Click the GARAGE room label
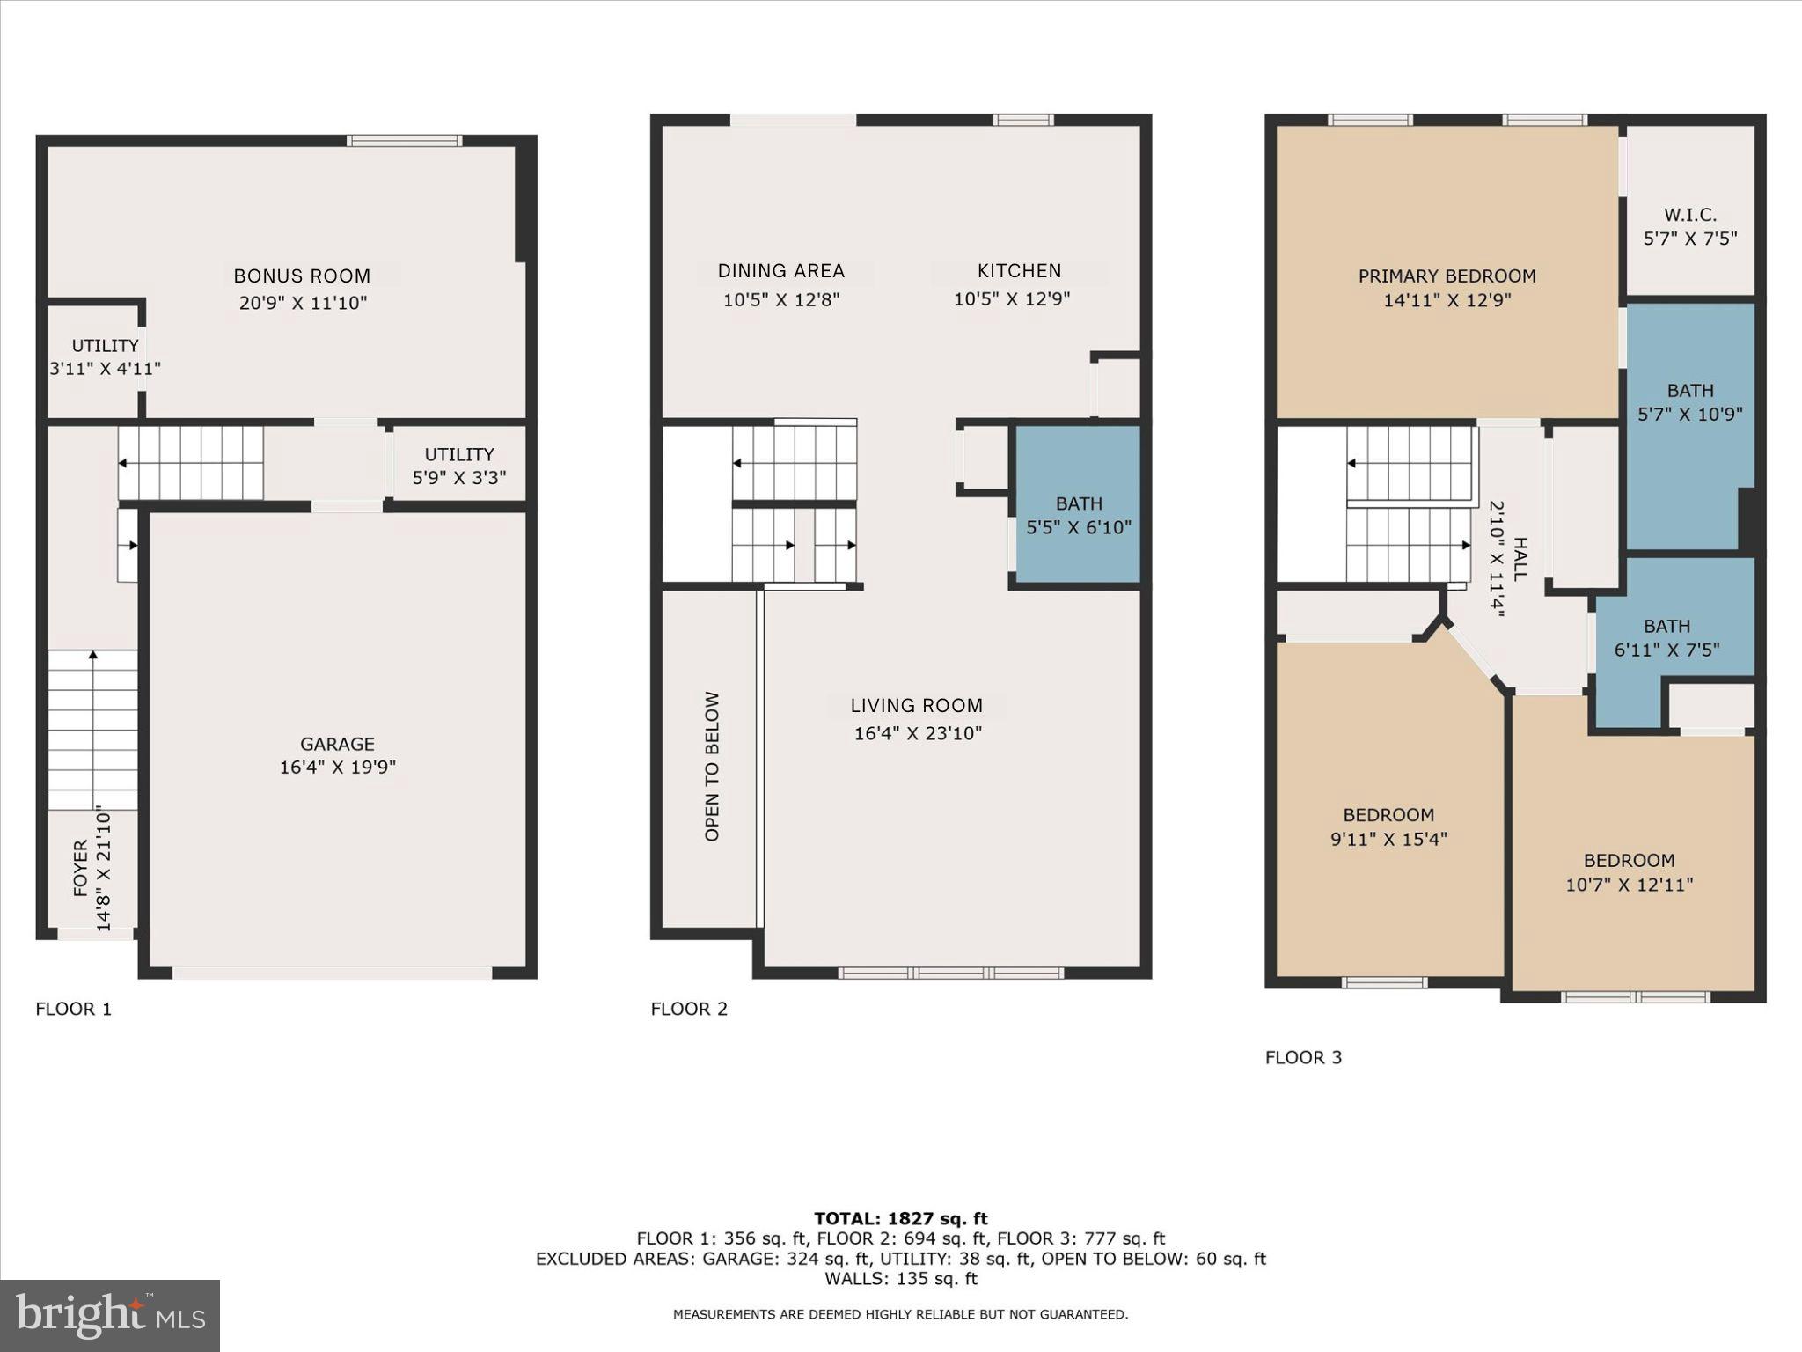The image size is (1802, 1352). pyautogui.click(x=337, y=744)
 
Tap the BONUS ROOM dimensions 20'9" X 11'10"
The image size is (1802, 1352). pyautogui.click(x=303, y=303)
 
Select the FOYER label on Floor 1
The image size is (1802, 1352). pyautogui.click(x=81, y=869)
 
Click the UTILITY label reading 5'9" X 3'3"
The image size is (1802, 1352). pyautogui.click(x=459, y=466)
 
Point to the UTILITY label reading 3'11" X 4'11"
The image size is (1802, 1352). pyautogui.click(x=105, y=356)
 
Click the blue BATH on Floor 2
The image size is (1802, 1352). pyautogui.click(x=1079, y=515)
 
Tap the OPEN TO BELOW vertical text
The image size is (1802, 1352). pyautogui.click(x=712, y=766)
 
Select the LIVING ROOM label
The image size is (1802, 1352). pyautogui.click(x=916, y=706)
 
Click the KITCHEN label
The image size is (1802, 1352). pyautogui.click(x=1019, y=271)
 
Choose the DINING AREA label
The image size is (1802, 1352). pyautogui.click(x=780, y=271)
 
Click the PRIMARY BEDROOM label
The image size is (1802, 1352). pyautogui.click(x=1447, y=276)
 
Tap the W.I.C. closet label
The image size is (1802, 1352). pyautogui.click(x=1689, y=215)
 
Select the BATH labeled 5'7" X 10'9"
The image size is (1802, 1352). pyautogui.click(x=1689, y=402)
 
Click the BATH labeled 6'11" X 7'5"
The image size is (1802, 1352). pyautogui.click(x=1666, y=638)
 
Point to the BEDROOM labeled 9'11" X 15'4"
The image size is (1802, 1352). pyautogui.click(x=1388, y=827)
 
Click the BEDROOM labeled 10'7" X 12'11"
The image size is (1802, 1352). pyautogui.click(x=1629, y=872)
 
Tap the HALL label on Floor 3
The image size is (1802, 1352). pyautogui.click(x=1520, y=559)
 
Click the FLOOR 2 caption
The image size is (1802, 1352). pyautogui.click(x=689, y=1009)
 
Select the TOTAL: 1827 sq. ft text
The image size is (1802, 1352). pyautogui.click(x=900, y=1218)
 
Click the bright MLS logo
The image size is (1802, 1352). pyautogui.click(x=110, y=1315)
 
